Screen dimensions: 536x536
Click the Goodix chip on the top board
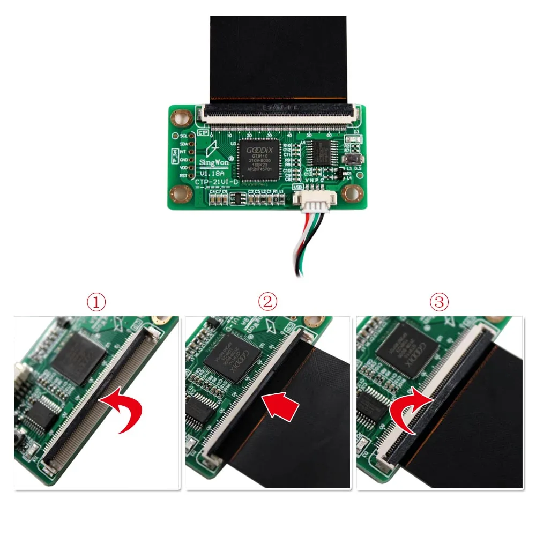(x=260, y=158)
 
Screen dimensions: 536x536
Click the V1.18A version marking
(x=211, y=174)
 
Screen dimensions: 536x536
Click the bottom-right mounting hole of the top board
(x=352, y=193)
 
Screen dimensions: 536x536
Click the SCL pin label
(x=183, y=136)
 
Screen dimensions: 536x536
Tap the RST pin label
(x=183, y=175)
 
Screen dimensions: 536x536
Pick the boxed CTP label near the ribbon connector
(x=203, y=132)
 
